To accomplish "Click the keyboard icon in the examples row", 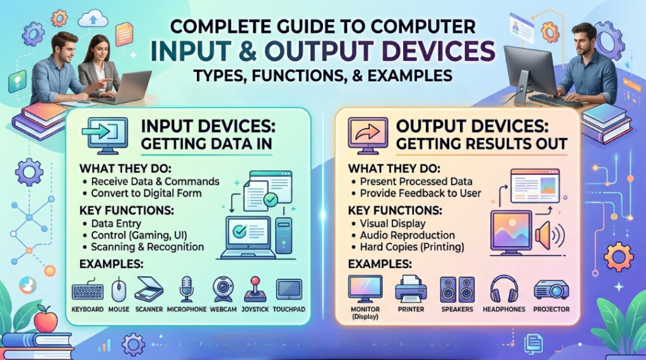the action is (x=88, y=290).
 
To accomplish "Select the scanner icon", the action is (x=149, y=289).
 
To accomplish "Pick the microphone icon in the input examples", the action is (x=187, y=289).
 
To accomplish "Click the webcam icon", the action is (x=223, y=289).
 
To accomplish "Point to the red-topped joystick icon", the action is (x=255, y=289).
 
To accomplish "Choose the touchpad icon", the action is (x=289, y=289).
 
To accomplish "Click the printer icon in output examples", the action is (x=411, y=289).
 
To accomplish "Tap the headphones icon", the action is (x=504, y=289).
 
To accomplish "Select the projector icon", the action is (x=551, y=289).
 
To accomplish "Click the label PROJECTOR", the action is (x=551, y=309).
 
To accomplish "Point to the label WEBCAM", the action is (x=223, y=309).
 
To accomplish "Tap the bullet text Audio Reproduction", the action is (x=408, y=235).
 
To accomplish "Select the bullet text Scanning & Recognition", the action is (x=148, y=247).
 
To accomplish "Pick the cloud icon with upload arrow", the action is (x=93, y=18).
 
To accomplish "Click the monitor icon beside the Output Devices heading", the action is (x=368, y=136).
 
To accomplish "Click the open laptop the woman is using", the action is (x=124, y=88).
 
